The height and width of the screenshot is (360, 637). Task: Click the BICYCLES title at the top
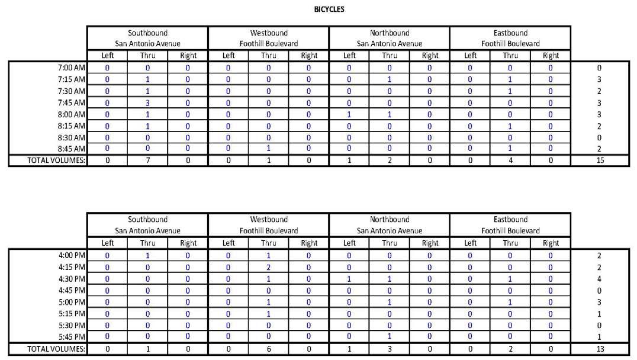pyautogui.click(x=329, y=9)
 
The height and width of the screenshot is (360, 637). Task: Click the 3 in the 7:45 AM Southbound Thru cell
pyautogui.click(x=147, y=102)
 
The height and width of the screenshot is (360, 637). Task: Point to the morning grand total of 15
pyautogui.click(x=600, y=160)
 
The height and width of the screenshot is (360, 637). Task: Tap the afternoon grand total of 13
pyautogui.click(x=600, y=349)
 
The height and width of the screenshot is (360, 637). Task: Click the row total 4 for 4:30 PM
pyautogui.click(x=600, y=279)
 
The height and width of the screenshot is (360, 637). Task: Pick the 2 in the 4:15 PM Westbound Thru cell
pyautogui.click(x=268, y=267)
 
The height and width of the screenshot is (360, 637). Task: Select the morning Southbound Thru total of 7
pyautogui.click(x=147, y=160)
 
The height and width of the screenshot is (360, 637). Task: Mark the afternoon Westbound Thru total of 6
pyautogui.click(x=268, y=349)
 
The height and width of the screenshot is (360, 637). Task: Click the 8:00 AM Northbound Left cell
pyautogui.click(x=349, y=114)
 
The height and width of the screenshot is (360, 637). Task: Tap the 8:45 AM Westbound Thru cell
pyautogui.click(x=268, y=149)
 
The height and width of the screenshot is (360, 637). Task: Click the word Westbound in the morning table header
pyautogui.click(x=268, y=33)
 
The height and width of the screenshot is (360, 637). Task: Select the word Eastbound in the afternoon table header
pyautogui.click(x=510, y=220)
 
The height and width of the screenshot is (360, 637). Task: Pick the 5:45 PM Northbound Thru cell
pyautogui.click(x=389, y=337)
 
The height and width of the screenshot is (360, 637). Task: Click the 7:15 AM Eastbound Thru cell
pyautogui.click(x=510, y=79)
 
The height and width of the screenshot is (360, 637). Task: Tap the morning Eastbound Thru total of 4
pyautogui.click(x=510, y=160)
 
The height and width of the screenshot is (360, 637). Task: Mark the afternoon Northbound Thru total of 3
pyautogui.click(x=389, y=349)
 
